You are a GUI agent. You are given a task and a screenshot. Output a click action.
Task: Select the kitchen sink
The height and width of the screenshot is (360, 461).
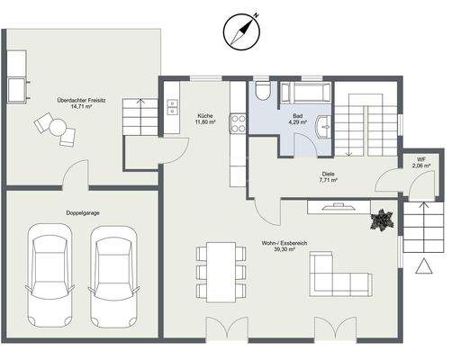pyautogui.click(x=172, y=109)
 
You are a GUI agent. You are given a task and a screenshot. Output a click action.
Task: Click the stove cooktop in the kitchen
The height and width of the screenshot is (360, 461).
pyautogui.click(x=239, y=121)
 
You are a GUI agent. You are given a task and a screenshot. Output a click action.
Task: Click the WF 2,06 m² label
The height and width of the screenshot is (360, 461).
pyautogui.click(x=420, y=163)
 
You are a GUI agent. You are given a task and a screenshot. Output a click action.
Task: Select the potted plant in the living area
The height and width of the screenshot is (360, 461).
pyautogui.click(x=383, y=220)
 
